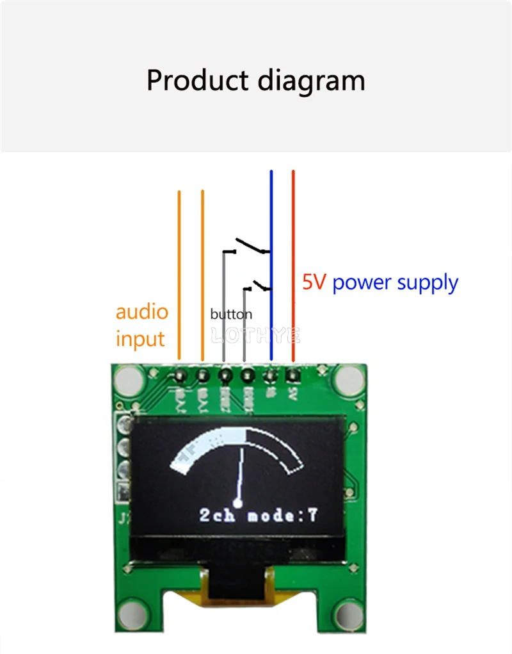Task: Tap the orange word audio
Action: click(x=141, y=313)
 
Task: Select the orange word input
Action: click(x=140, y=339)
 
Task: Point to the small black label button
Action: click(x=231, y=315)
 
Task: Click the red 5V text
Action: click(x=314, y=282)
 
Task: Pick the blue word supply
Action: click(x=428, y=283)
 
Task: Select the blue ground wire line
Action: click(x=271, y=211)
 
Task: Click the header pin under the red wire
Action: click(x=293, y=374)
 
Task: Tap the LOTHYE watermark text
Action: click(x=255, y=335)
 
